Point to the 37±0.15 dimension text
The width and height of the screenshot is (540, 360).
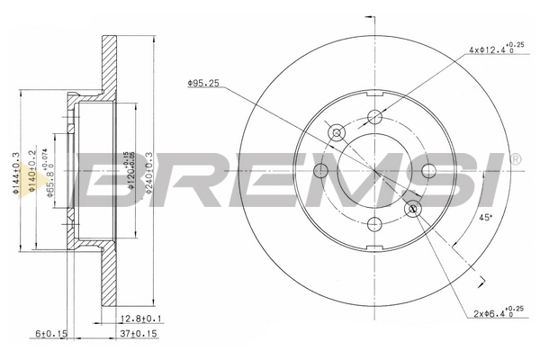pyautogui.click(x=139, y=335)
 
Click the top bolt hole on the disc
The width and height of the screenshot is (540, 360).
pyautogui.click(x=375, y=115)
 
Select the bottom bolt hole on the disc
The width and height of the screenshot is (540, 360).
pyautogui.click(x=375, y=226)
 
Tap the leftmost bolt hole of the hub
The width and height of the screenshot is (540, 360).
pyautogui.click(x=320, y=171)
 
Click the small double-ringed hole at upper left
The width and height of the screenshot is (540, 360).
pyautogui.click(x=337, y=132)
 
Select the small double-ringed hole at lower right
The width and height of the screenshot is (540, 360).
pyautogui.click(x=414, y=209)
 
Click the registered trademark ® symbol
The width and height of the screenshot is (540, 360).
pyautogui.click(x=515, y=159)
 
